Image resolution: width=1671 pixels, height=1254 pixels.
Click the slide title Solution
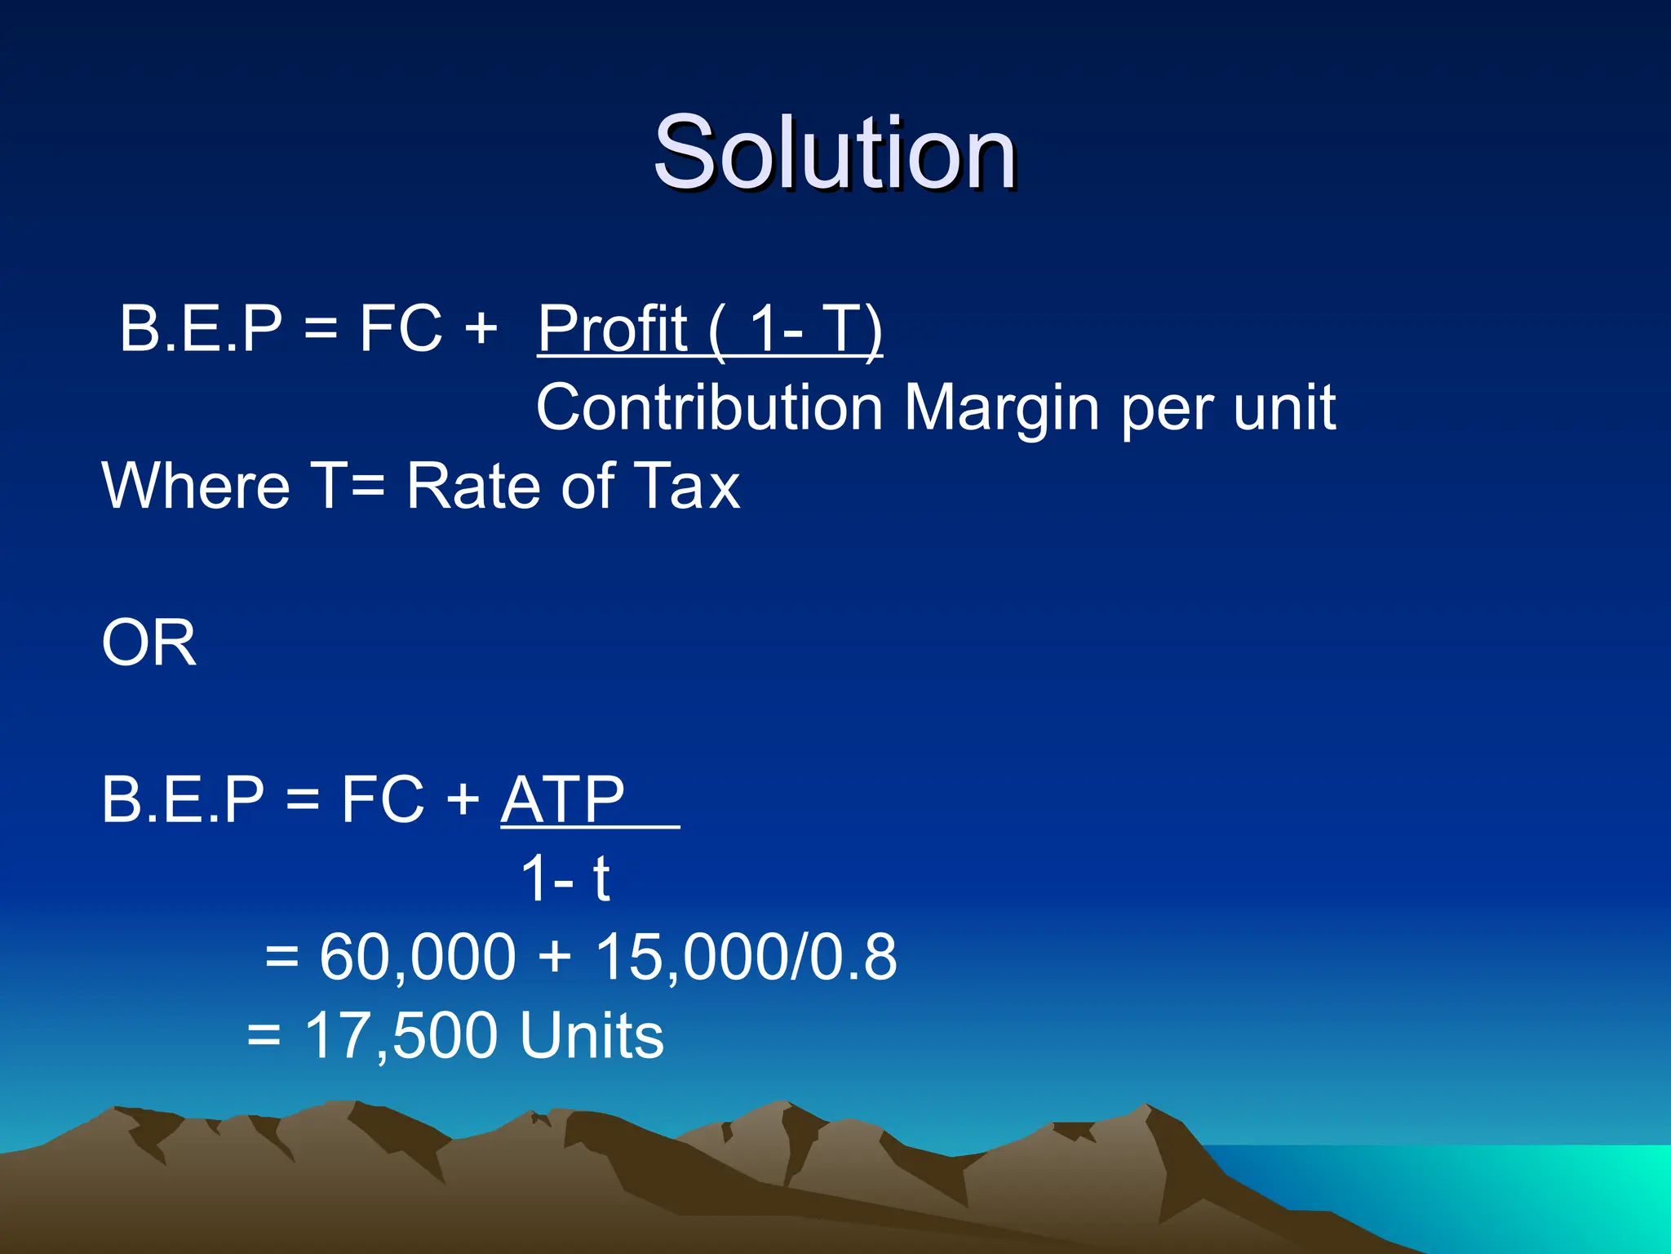click(834, 153)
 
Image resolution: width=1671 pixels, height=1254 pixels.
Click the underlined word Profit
click(612, 328)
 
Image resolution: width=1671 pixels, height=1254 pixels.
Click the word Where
click(196, 486)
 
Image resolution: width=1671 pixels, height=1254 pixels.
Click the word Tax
click(687, 486)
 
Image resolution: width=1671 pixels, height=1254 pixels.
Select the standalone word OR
click(148, 643)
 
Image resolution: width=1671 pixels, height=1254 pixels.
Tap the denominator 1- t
click(565, 878)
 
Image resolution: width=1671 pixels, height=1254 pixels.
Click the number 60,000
click(417, 956)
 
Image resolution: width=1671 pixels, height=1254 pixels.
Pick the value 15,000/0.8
click(746, 956)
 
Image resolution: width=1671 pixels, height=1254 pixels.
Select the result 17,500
click(400, 1035)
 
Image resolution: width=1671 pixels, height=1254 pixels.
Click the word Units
click(592, 1035)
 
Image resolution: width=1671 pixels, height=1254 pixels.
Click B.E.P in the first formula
click(201, 328)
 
